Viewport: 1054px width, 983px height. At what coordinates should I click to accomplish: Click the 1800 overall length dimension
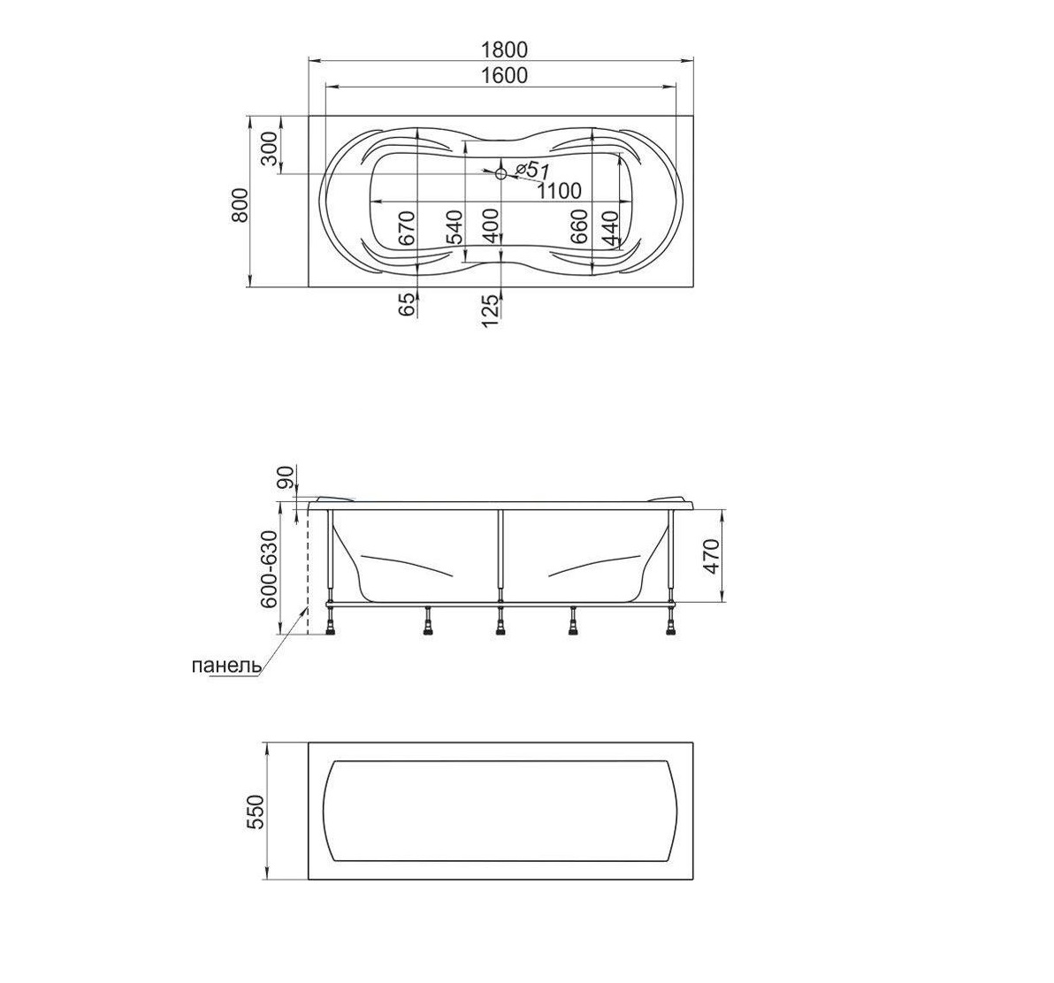(505, 50)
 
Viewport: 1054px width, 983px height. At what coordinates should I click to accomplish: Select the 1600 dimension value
(504, 75)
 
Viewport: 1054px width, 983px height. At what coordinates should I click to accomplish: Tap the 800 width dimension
(240, 205)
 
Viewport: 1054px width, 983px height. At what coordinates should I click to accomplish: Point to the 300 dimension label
(268, 149)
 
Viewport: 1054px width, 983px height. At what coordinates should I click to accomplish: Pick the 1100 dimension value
(559, 191)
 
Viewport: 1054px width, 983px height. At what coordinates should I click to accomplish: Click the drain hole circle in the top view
(500, 174)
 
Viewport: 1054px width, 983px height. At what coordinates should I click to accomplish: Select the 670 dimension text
(408, 228)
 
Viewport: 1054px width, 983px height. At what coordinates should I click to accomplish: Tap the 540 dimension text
(454, 227)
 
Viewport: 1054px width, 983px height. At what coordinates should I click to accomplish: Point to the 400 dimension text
(491, 226)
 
